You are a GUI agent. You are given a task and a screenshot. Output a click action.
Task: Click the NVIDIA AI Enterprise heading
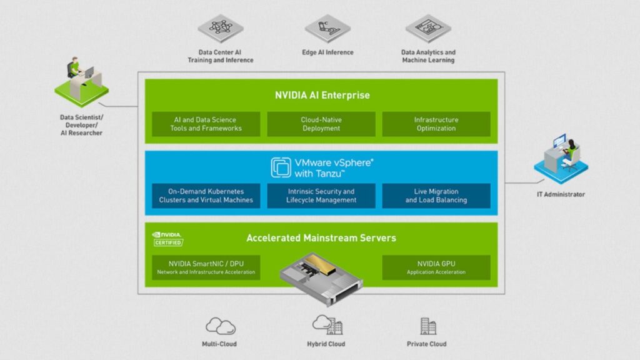pos(322,96)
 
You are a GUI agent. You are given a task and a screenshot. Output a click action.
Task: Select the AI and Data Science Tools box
pos(206,124)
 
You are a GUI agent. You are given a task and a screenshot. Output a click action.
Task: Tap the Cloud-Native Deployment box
pos(321,124)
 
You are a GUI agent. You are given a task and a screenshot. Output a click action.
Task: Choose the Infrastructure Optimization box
pos(436,124)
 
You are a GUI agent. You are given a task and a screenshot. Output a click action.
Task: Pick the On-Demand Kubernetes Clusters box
pos(206,196)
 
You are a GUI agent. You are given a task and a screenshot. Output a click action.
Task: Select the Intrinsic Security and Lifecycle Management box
pos(321,196)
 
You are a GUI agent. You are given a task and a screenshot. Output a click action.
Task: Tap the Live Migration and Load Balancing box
pos(436,196)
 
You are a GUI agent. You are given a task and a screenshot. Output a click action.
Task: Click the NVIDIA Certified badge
pos(167,238)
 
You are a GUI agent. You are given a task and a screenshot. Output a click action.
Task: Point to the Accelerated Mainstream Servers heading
pos(321,238)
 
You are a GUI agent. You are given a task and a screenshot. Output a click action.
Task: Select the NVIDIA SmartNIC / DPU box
pos(206,267)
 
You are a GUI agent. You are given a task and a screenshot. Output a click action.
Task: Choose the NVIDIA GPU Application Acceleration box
pos(436,267)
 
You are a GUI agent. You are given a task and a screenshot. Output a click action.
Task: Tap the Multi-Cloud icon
pos(220,326)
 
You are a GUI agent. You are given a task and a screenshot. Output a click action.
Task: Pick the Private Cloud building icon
pos(427,326)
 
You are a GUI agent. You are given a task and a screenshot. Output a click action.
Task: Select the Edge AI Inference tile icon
pos(327,29)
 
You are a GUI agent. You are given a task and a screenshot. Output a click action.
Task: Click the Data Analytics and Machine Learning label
pos(428,56)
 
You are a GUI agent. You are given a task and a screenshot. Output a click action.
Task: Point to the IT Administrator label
pos(561,194)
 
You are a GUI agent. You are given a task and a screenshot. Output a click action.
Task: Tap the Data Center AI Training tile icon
pos(221,29)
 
